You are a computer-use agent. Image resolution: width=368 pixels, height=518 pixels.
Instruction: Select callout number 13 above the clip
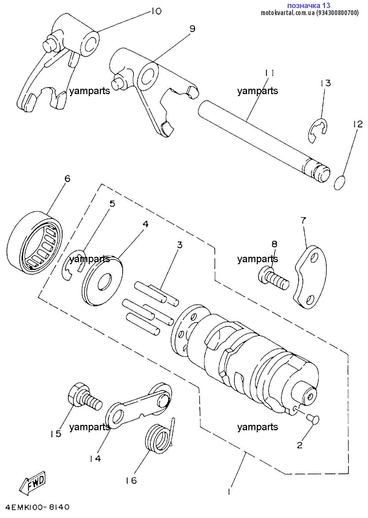(x=325, y=83)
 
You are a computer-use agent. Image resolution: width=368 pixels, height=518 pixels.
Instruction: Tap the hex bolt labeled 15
(x=84, y=398)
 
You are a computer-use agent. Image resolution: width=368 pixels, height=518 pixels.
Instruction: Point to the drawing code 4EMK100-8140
(x=37, y=507)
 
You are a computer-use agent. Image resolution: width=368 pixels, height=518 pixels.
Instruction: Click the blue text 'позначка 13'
(x=309, y=5)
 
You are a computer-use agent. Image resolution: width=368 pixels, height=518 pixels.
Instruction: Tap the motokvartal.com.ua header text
(x=310, y=13)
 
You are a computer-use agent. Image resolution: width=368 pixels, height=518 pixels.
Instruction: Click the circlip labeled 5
(x=73, y=265)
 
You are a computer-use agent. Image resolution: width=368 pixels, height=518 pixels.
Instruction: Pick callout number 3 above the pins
(x=180, y=245)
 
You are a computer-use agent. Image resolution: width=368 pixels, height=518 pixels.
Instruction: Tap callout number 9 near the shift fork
(x=192, y=29)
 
